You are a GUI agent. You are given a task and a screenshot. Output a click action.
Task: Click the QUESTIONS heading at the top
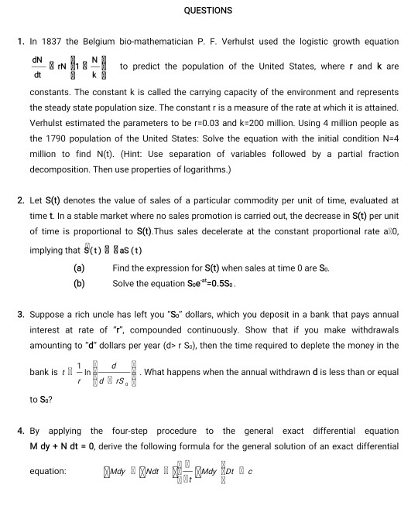coord(208,11)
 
